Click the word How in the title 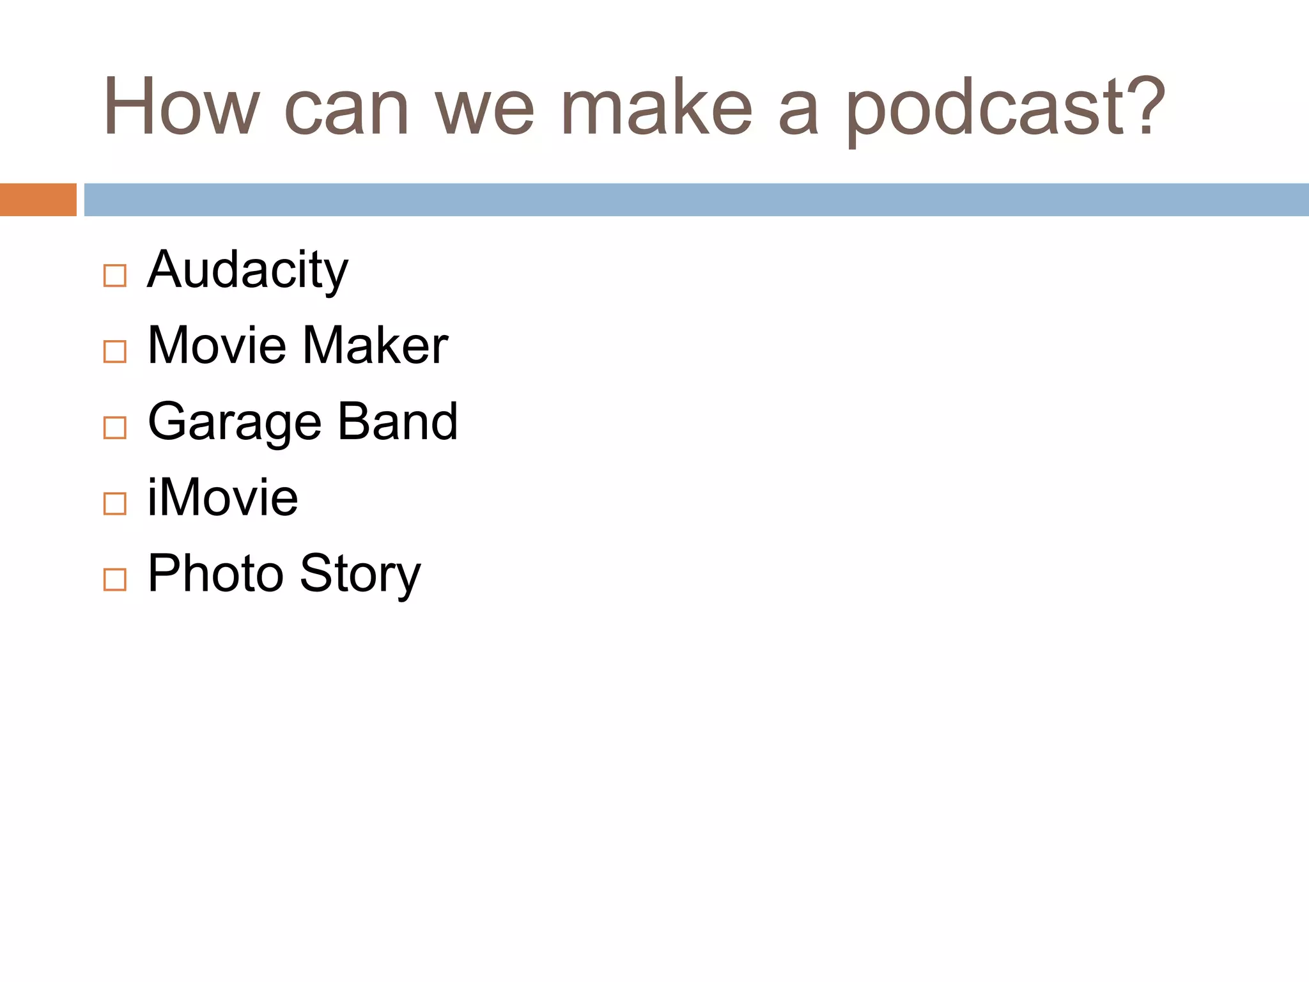point(182,107)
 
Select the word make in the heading point(656,107)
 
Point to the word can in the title point(346,110)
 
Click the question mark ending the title point(1145,106)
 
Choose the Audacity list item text point(247,270)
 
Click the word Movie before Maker point(217,346)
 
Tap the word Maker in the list point(375,346)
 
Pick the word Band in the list point(398,422)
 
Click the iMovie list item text point(222,497)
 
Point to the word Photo point(215,573)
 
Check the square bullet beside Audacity point(115,276)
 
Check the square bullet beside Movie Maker point(115,352)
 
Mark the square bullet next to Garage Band point(115,428)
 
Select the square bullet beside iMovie point(115,504)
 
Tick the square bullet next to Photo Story point(115,580)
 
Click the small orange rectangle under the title point(38,199)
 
